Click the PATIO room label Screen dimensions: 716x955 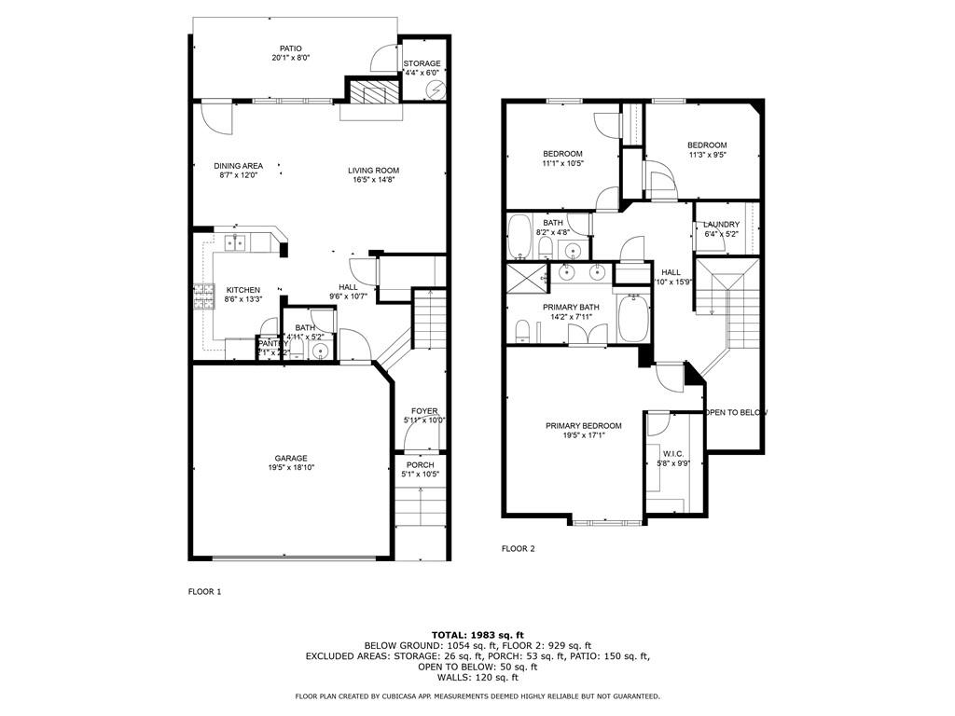click(x=291, y=48)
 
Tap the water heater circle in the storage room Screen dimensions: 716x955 click(x=435, y=89)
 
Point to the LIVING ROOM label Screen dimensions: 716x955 click(x=373, y=170)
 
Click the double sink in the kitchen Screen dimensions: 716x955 click(x=234, y=243)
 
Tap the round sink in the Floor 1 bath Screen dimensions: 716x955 click(x=320, y=351)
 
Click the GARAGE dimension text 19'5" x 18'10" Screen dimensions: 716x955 click(x=290, y=469)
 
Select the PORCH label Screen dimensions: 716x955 click(x=420, y=464)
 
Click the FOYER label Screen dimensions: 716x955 click(x=424, y=411)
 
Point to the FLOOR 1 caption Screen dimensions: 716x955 click(x=205, y=591)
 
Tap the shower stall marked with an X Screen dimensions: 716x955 click(x=525, y=278)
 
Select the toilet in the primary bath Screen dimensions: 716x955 click(x=522, y=331)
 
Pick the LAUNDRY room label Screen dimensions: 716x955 click(x=721, y=225)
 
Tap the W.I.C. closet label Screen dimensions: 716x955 click(x=674, y=454)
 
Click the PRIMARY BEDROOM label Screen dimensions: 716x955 click(x=584, y=426)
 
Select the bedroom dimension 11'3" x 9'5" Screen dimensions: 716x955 click(x=707, y=156)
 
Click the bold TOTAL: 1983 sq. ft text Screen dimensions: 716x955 click(x=477, y=635)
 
